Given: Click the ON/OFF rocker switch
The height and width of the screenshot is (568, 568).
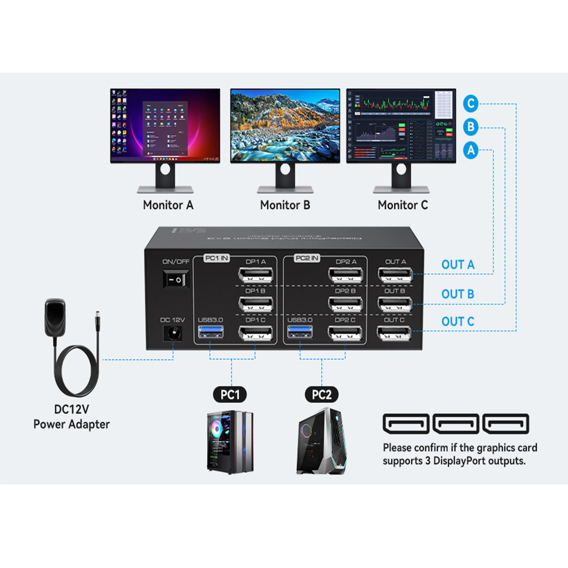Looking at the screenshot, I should click(x=176, y=279).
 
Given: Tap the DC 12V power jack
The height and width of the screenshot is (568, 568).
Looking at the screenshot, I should click(x=173, y=334).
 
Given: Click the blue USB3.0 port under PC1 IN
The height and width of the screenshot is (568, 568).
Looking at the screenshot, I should click(x=211, y=332).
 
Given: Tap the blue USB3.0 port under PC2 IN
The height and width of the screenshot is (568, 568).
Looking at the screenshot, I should click(x=300, y=332).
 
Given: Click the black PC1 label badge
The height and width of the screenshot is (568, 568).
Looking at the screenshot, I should click(x=230, y=394).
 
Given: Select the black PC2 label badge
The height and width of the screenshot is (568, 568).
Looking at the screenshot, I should click(x=322, y=394).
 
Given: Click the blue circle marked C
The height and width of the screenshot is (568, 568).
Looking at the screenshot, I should click(x=471, y=104).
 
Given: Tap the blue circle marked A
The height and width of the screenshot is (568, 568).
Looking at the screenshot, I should click(x=471, y=150).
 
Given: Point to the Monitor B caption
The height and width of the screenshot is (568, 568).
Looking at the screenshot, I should click(x=285, y=205).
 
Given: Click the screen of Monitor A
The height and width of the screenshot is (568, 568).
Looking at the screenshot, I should click(x=165, y=126).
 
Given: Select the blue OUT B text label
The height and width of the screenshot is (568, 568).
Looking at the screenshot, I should click(x=458, y=294).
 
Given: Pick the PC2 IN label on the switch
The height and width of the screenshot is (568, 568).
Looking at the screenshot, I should click(x=307, y=258).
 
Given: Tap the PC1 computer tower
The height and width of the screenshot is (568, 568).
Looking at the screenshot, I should click(x=230, y=442).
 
